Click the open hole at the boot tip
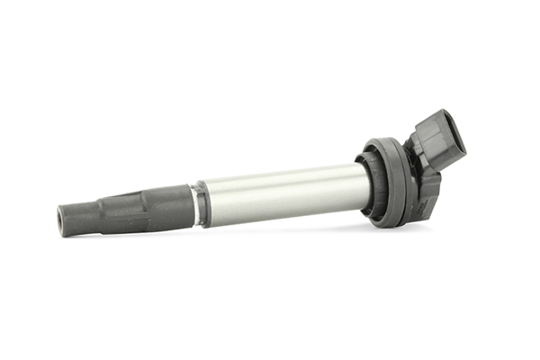tap(62, 219)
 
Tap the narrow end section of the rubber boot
tap(80, 216)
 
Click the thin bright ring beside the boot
tap(194, 204)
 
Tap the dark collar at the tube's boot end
tap(203, 203)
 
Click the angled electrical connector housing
tap(436, 144)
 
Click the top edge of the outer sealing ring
tap(378, 140)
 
